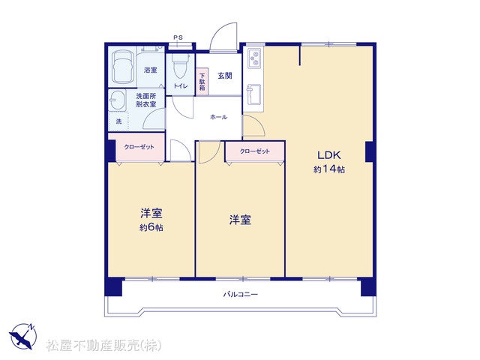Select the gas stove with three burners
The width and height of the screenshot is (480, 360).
(x=254, y=58)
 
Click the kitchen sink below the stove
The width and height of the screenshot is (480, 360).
(x=253, y=94)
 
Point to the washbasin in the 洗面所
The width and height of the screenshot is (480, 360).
(x=117, y=100)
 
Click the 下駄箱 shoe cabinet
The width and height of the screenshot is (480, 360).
(x=202, y=82)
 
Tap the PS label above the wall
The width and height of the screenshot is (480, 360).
(x=178, y=37)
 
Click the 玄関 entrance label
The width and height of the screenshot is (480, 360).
(x=225, y=75)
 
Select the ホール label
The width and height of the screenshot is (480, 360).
(x=218, y=117)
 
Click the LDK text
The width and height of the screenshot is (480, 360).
(x=329, y=155)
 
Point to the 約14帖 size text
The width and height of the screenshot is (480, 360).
(x=329, y=169)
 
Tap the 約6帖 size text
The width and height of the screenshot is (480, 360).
(x=151, y=227)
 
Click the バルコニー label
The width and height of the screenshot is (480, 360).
(x=240, y=295)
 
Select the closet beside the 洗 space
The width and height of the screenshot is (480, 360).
(x=139, y=147)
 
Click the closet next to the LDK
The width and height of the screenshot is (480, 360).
(x=255, y=151)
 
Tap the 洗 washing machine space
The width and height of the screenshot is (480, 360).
(x=118, y=121)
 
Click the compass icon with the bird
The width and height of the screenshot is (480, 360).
(x=22, y=336)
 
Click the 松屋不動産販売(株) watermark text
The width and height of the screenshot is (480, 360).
(x=103, y=345)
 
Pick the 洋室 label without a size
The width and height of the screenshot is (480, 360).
(x=240, y=220)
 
